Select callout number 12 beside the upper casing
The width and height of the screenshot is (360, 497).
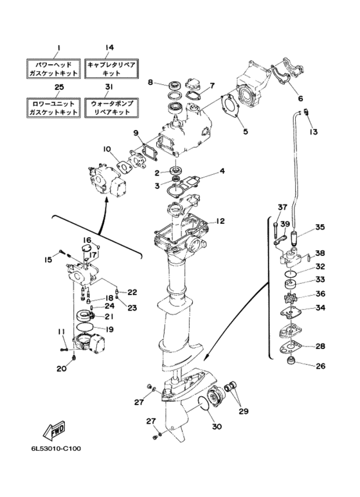[220, 221]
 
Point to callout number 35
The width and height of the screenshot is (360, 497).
[319, 227]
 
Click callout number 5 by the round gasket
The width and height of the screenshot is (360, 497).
[246, 131]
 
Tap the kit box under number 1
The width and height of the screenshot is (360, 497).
[53, 69]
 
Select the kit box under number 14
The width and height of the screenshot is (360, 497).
[112, 69]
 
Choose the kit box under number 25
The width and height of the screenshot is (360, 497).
[53, 108]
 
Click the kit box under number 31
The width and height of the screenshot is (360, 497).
[112, 108]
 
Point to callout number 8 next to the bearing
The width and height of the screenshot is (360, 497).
[150, 82]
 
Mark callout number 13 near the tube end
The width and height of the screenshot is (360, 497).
[313, 131]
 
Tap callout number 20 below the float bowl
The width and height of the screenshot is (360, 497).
[62, 368]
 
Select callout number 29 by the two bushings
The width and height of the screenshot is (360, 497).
[243, 411]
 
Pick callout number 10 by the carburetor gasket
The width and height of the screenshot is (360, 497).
[107, 149]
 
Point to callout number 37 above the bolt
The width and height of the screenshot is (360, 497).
[282, 207]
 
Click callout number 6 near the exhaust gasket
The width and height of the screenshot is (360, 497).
[300, 98]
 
